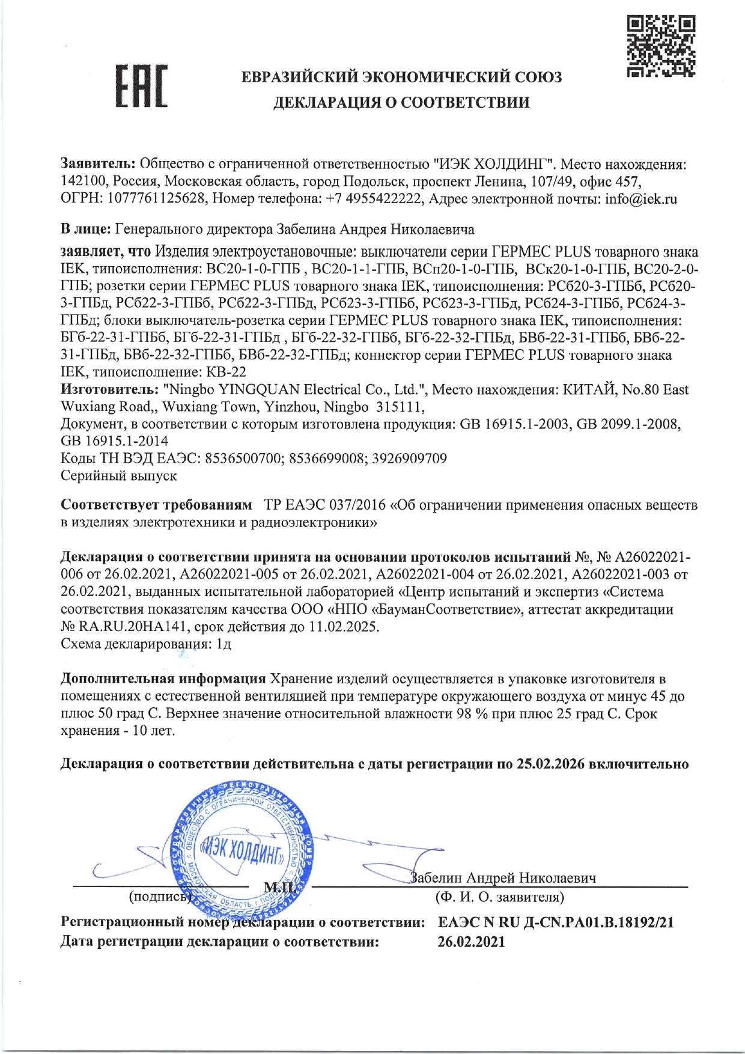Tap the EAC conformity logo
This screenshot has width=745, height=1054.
tap(142, 87)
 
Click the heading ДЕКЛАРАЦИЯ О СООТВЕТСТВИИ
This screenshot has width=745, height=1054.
tap(401, 103)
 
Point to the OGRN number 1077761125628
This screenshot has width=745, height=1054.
tap(156, 199)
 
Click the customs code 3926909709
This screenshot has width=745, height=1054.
tap(410, 459)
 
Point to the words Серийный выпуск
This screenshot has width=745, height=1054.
tap(119, 476)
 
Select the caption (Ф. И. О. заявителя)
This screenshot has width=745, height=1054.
tap(500, 897)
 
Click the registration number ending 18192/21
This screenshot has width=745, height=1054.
tap(556, 922)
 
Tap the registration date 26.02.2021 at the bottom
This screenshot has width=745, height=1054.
tap(471, 942)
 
